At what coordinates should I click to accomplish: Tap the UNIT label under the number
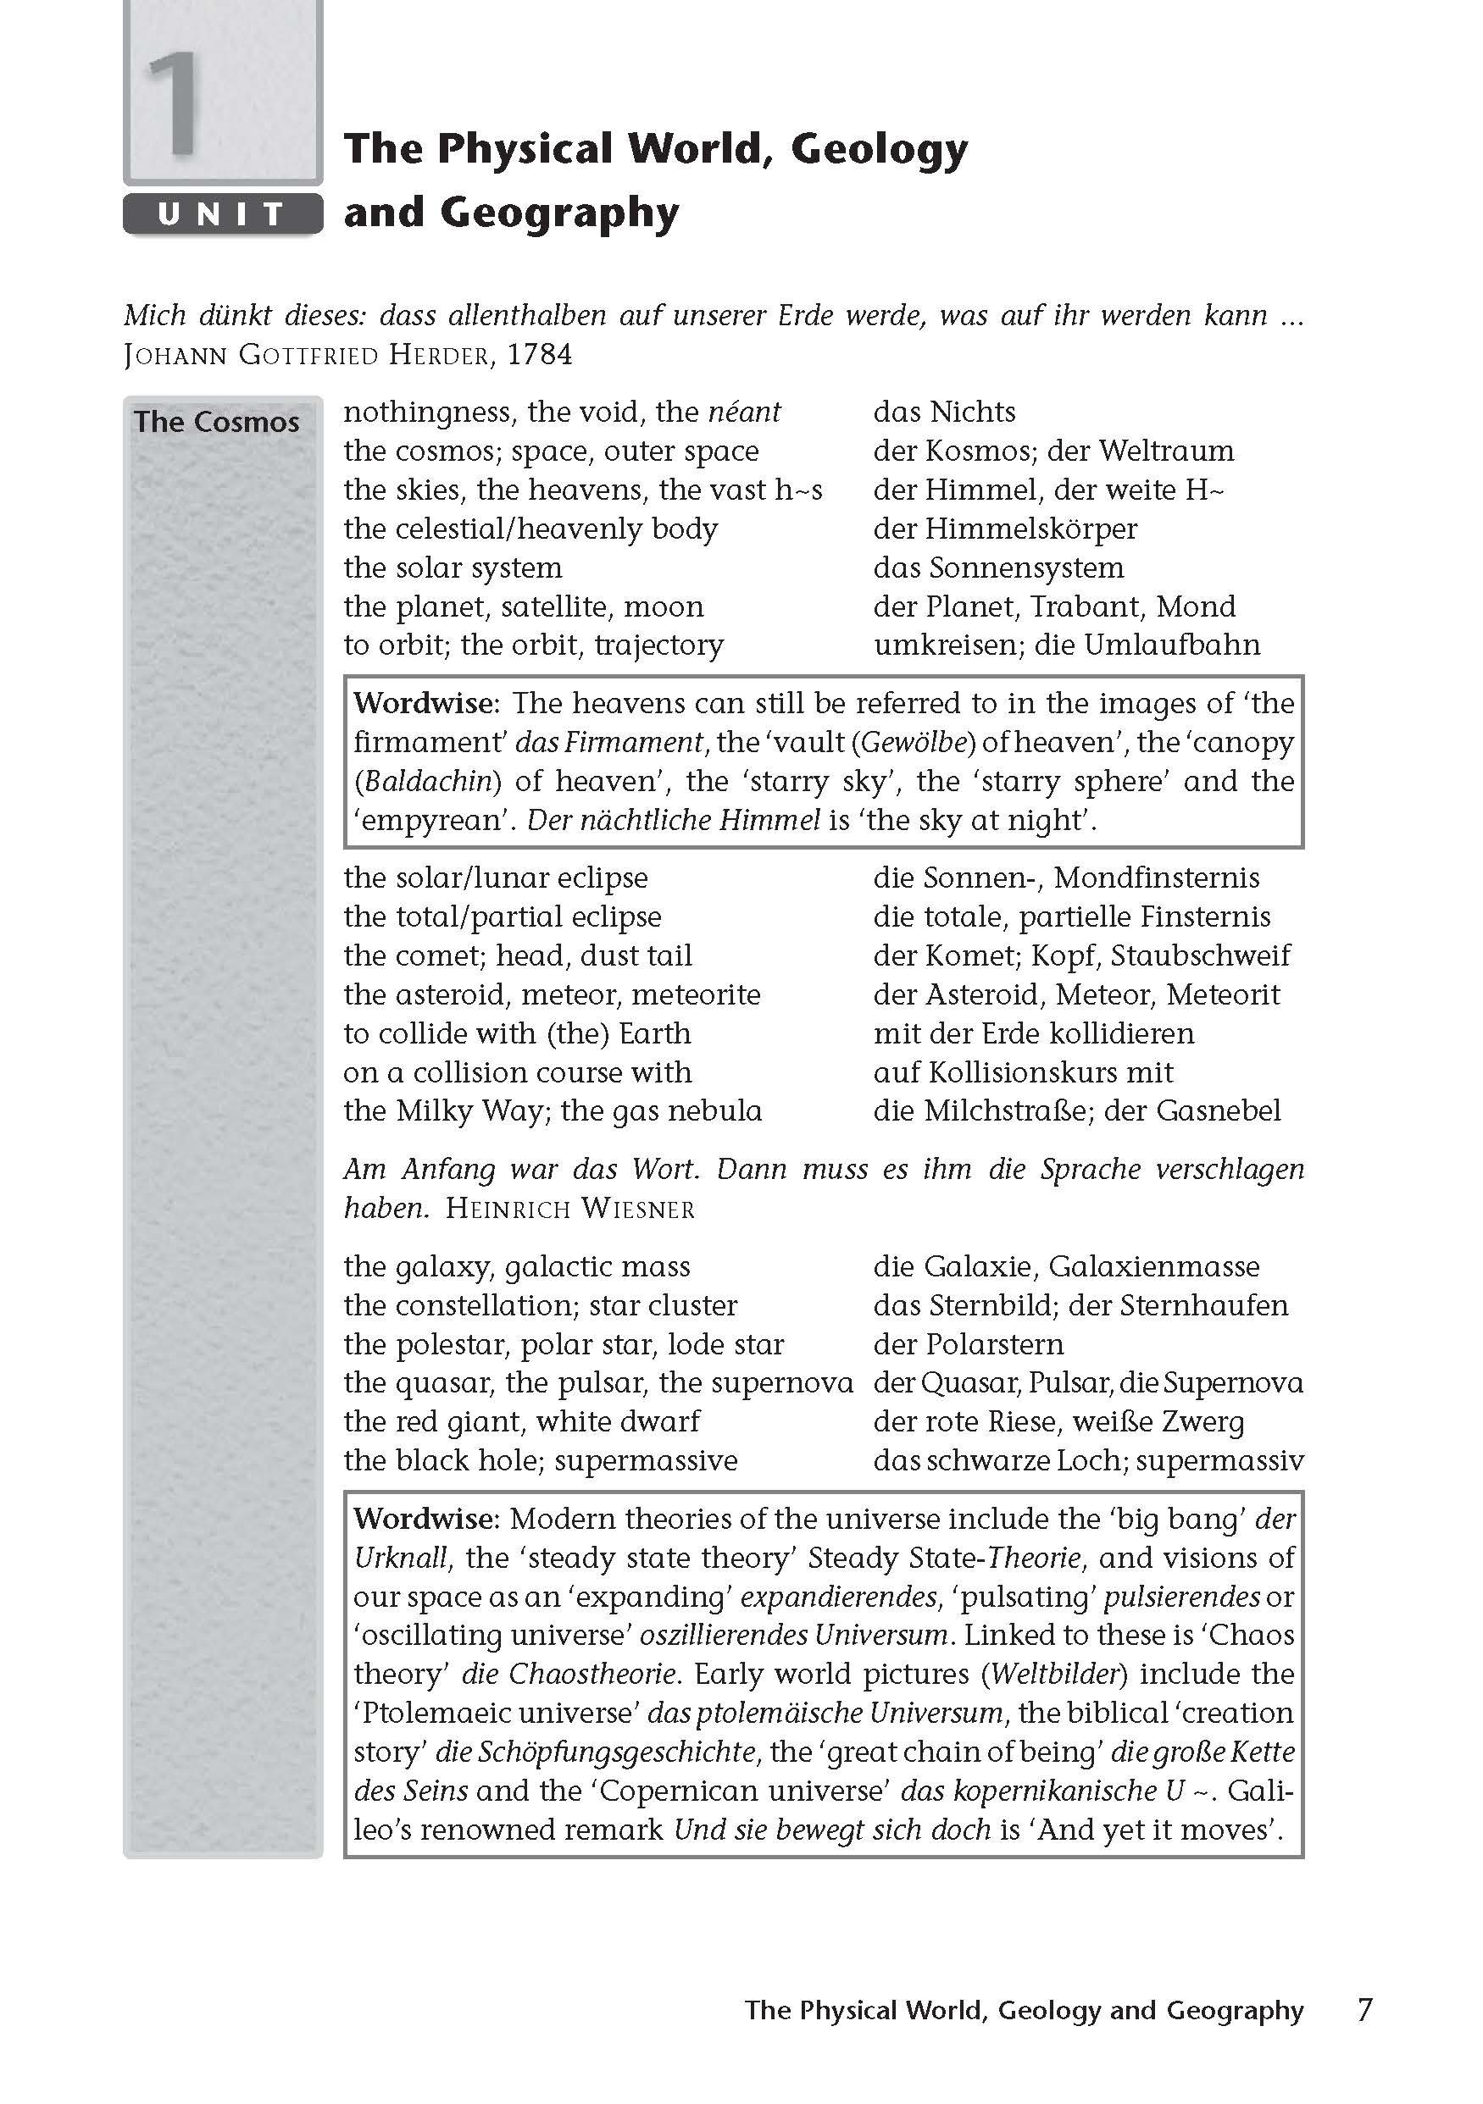coord(223,214)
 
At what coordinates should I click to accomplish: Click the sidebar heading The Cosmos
coord(217,423)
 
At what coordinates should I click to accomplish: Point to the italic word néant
coord(744,412)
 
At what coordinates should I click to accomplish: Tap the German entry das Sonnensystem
coord(998,568)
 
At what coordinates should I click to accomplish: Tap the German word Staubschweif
coord(1200,955)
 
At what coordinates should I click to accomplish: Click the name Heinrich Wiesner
coord(570,1209)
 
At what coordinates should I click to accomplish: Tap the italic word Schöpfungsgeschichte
coord(595,1752)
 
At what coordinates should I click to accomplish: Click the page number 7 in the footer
coord(1364,2010)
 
